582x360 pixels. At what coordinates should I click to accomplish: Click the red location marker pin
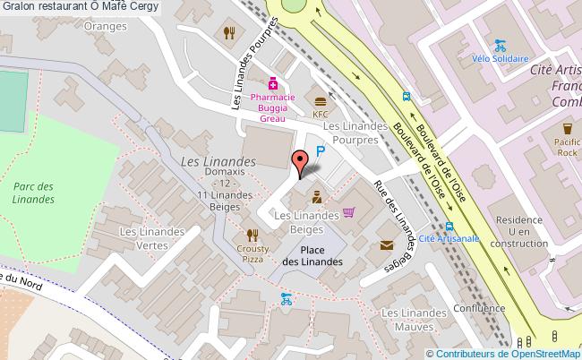pos(300,161)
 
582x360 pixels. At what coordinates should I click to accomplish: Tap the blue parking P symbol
pos(320,153)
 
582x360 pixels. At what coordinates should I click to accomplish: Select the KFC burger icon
pos(320,99)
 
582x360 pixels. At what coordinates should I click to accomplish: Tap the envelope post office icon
pos(387,244)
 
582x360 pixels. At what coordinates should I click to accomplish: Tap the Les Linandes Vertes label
pos(153,238)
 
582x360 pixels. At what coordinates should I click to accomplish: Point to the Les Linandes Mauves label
pos(413,321)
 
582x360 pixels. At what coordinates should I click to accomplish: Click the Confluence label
pos(479,308)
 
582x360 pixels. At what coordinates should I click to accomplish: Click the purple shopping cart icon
pos(348,213)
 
